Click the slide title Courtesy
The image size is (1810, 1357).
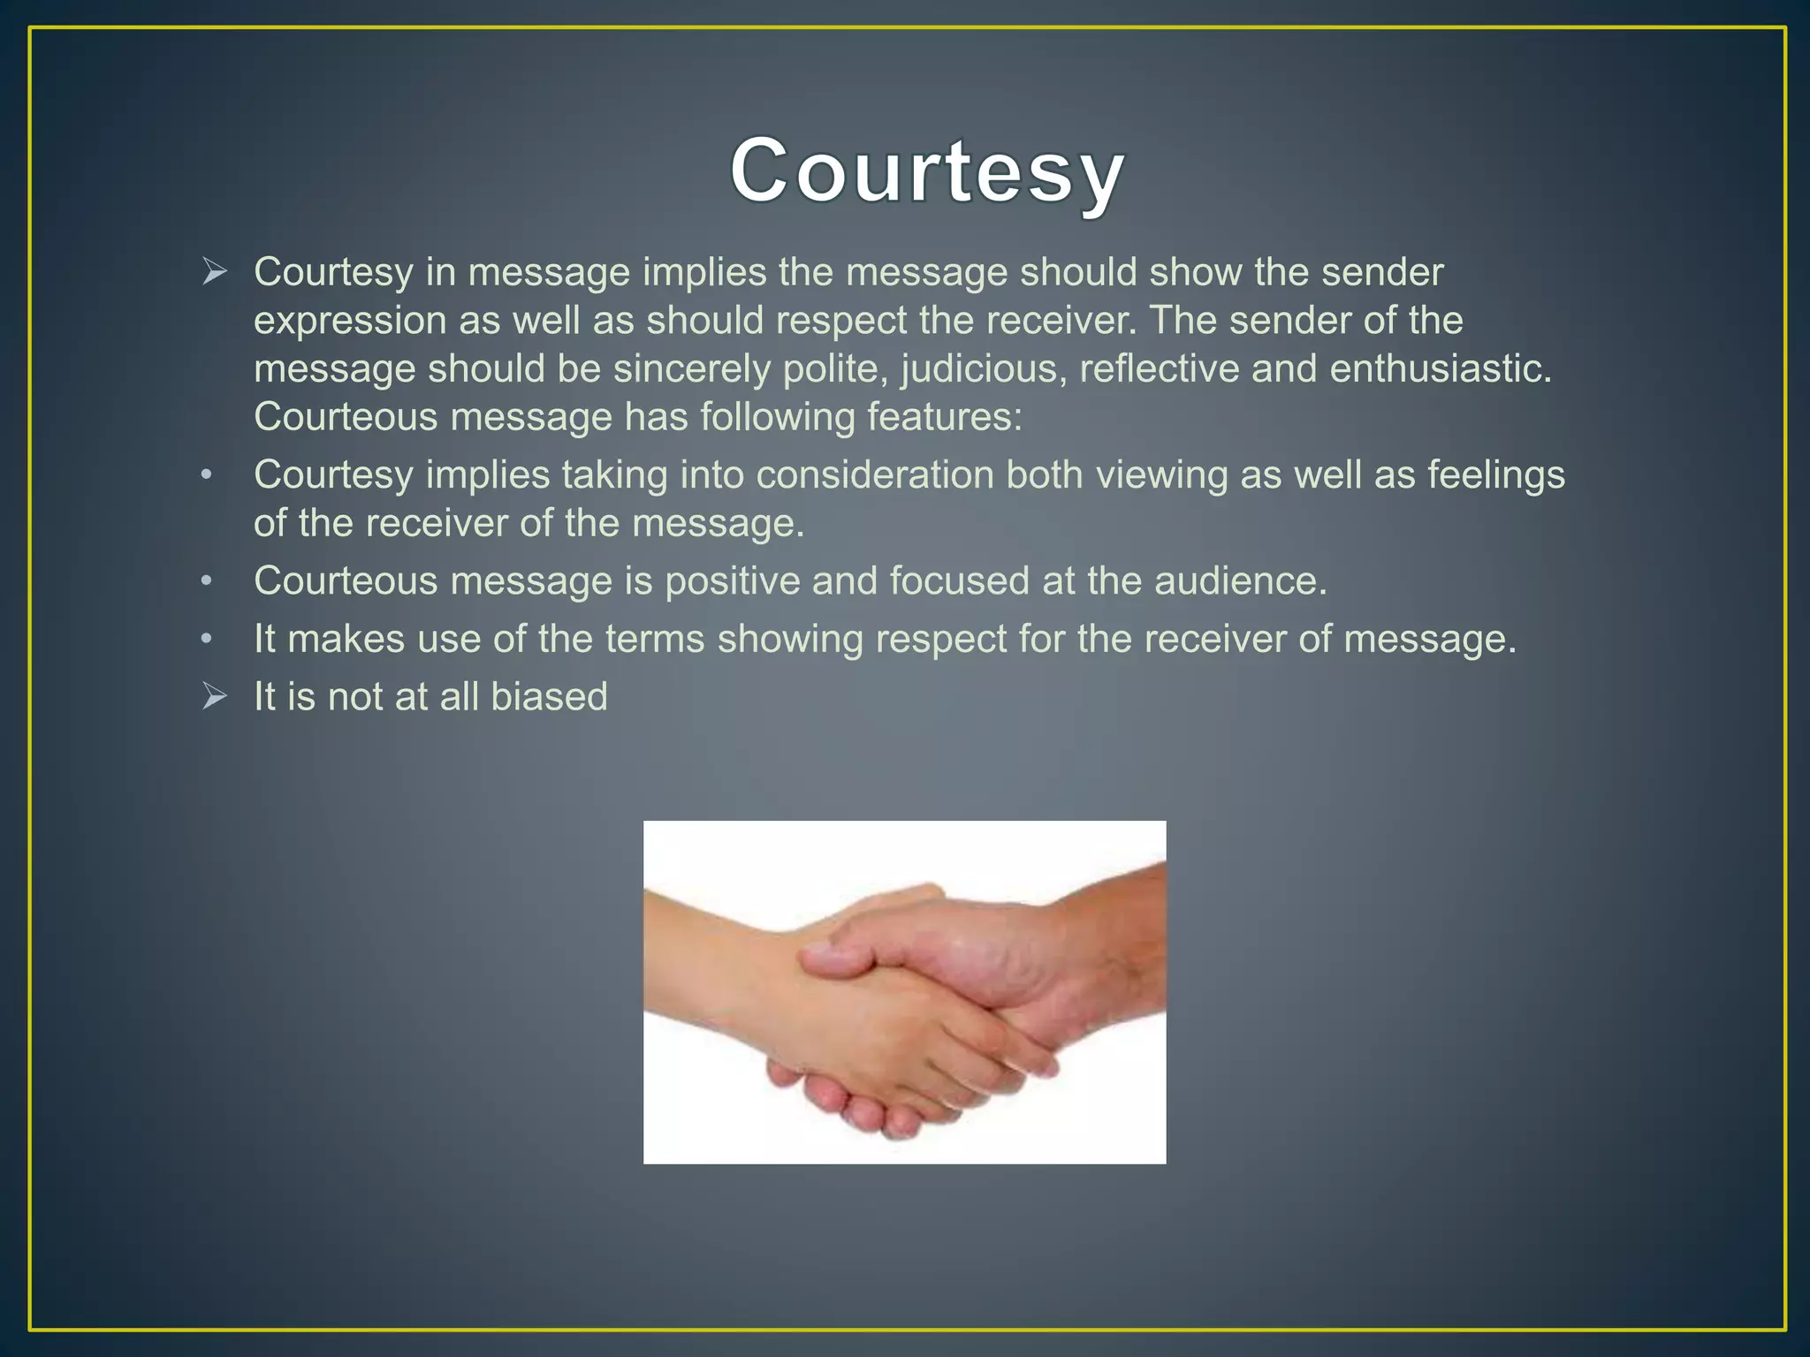pos(927,171)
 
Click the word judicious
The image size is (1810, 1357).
pos(977,368)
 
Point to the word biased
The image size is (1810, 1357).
pos(549,696)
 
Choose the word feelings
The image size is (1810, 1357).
pos(1496,475)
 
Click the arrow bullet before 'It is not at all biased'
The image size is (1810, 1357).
pos(214,696)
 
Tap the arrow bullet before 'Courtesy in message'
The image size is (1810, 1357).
pos(214,271)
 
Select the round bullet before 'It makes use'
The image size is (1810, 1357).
pos(207,639)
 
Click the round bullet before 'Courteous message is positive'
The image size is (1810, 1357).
pos(207,581)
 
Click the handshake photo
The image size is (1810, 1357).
pos(904,991)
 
